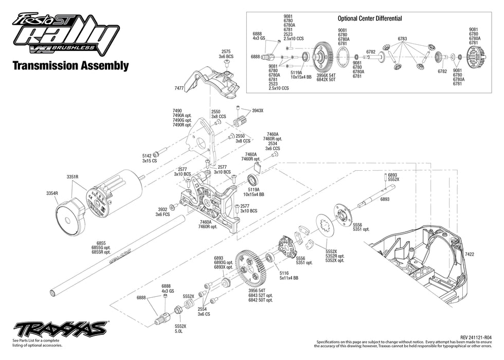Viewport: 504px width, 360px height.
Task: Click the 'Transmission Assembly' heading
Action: click(70, 65)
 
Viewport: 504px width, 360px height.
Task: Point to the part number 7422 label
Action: click(470, 254)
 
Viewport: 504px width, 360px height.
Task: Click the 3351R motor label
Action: click(72, 176)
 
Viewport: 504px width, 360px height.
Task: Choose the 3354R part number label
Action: click(52, 193)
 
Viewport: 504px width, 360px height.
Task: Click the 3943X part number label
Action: click(257, 111)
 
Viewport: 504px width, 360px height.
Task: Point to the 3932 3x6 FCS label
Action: click(164, 212)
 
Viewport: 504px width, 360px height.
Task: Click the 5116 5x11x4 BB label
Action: click(286, 276)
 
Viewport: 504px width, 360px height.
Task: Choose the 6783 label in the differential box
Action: click(402, 39)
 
